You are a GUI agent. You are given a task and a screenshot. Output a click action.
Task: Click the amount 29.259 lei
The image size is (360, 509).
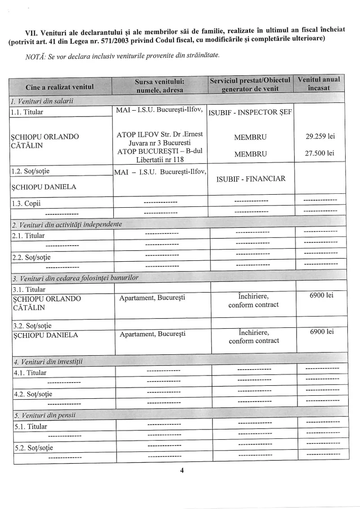pos(320,136)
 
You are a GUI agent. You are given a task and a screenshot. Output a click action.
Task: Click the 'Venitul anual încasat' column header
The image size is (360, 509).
pos(319,84)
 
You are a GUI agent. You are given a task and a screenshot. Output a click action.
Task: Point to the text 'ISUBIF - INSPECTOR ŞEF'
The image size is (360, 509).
pos(251,112)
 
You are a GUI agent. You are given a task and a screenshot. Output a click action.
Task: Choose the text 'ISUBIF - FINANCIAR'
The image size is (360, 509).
pos(251,179)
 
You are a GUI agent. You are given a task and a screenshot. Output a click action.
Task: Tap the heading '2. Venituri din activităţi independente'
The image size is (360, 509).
pos(67,224)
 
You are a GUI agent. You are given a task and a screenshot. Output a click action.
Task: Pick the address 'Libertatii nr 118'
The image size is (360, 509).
pos(160,160)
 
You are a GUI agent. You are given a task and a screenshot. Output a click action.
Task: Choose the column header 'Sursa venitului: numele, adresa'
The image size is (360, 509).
pos(160,85)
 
